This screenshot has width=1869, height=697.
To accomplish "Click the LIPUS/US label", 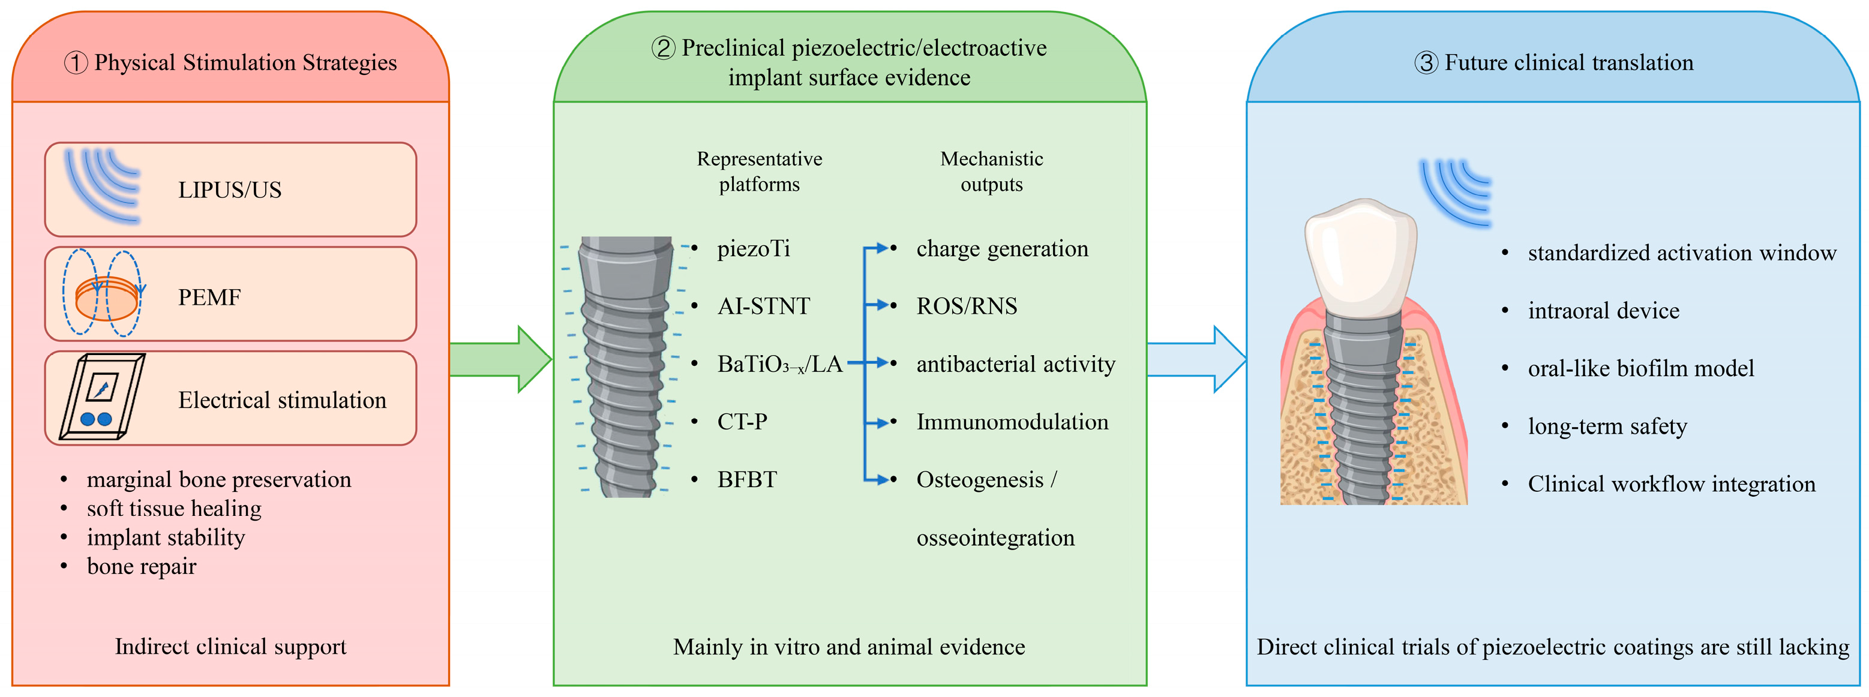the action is pos(230,190).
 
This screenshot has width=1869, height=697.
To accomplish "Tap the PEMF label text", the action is pos(209,298).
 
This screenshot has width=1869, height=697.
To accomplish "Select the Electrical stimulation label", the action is pos(282,400).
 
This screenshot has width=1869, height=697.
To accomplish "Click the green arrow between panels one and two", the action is pos(500,359).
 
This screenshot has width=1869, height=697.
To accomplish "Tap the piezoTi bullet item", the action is pos(753,249).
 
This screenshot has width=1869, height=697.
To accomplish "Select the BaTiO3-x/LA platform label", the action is pos(780,364).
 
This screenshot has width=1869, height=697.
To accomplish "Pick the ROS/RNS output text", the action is pos(967,306).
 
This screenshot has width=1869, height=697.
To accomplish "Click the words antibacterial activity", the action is pos(1016,364).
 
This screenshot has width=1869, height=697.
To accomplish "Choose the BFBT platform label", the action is pos(746,479).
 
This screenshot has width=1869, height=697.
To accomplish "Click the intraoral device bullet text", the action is pos(1603,311).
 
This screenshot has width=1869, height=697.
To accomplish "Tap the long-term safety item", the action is pos(1607,426).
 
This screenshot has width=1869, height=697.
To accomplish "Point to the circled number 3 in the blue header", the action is pos(1426,62).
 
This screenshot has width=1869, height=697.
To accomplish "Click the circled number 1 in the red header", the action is pos(76,62).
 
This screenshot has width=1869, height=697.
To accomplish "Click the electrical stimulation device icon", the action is pos(101,396).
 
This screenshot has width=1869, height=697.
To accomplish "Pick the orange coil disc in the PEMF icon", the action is pos(107,299).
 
